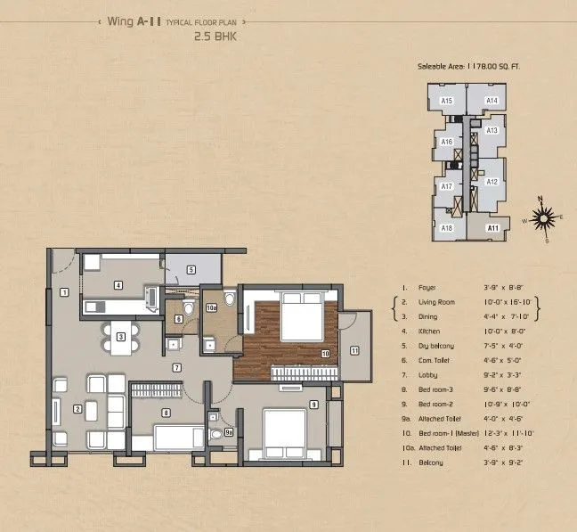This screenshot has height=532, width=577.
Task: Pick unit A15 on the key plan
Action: click(x=448, y=101)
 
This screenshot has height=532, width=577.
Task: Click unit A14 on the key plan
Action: click(x=492, y=101)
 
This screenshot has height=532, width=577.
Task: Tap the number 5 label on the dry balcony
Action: click(x=191, y=269)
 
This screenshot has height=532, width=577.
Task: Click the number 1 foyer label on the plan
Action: click(x=64, y=292)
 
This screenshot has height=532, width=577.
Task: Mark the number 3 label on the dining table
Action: click(x=119, y=337)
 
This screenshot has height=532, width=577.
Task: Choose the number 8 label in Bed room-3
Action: click(x=166, y=413)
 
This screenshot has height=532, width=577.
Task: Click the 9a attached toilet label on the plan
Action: click(x=228, y=432)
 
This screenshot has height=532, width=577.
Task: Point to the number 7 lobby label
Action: click(x=177, y=367)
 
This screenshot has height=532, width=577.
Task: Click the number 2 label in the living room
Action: click(x=77, y=409)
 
